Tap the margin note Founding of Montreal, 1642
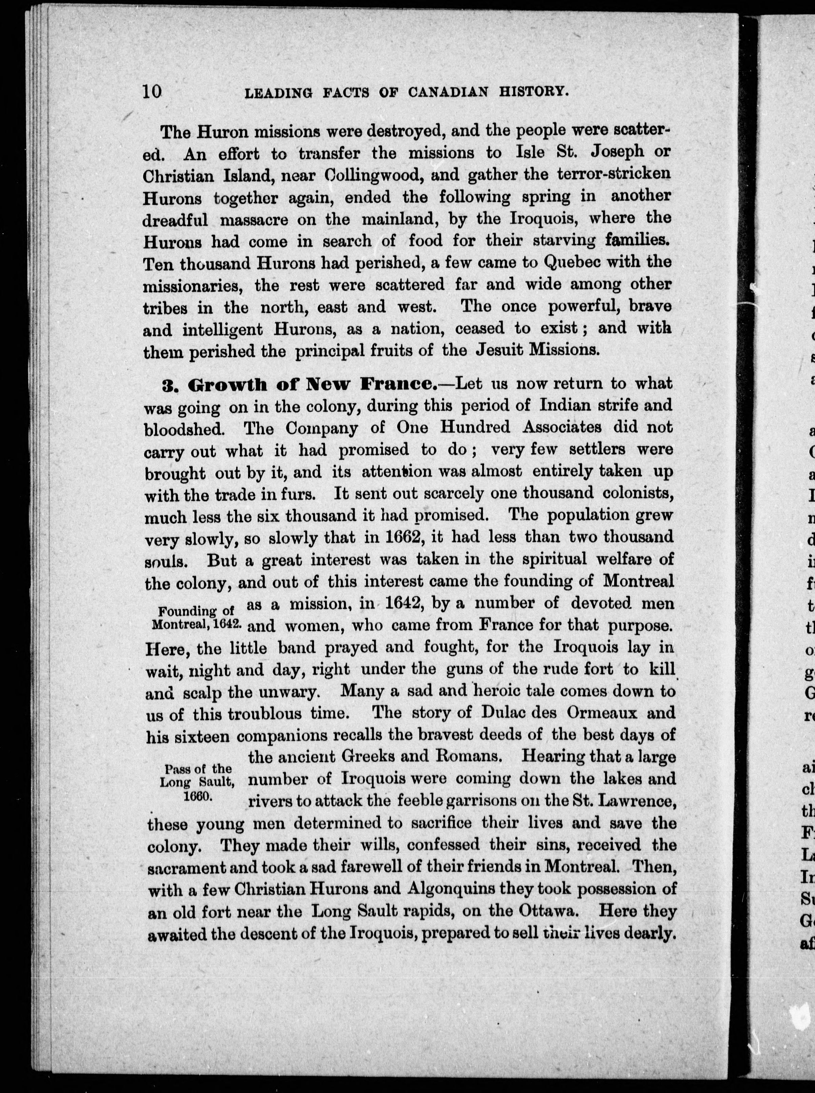click(x=196, y=618)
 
